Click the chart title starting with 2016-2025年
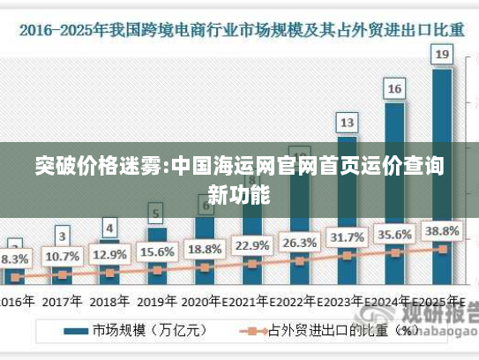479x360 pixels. click(239, 29)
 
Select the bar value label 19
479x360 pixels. click(443, 55)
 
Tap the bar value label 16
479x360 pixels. click(394, 88)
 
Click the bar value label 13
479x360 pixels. click(348, 122)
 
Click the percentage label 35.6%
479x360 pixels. click(394, 234)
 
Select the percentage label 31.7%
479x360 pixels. click(347, 237)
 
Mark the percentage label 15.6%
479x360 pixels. click(157, 251)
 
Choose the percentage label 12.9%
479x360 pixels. click(109, 254)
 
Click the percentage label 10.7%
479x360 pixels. click(62, 257)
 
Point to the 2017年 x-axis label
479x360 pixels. click(62, 301)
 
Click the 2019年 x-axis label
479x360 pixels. click(157, 301)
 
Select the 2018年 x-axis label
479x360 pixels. click(109, 301)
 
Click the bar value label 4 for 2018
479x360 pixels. click(109, 228)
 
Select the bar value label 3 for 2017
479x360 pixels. click(62, 236)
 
